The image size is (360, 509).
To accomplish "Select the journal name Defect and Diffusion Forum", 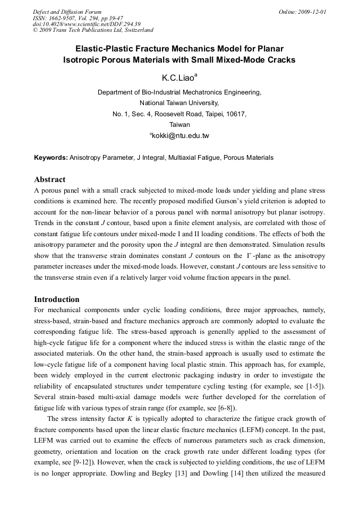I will pos(67,11).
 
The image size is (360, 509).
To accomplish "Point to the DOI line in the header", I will pos(87,24).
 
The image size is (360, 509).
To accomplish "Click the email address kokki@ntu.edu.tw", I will pos(181,136).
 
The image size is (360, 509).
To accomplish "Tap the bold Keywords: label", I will pos(51,158).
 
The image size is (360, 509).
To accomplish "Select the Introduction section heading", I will pos(57,299).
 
